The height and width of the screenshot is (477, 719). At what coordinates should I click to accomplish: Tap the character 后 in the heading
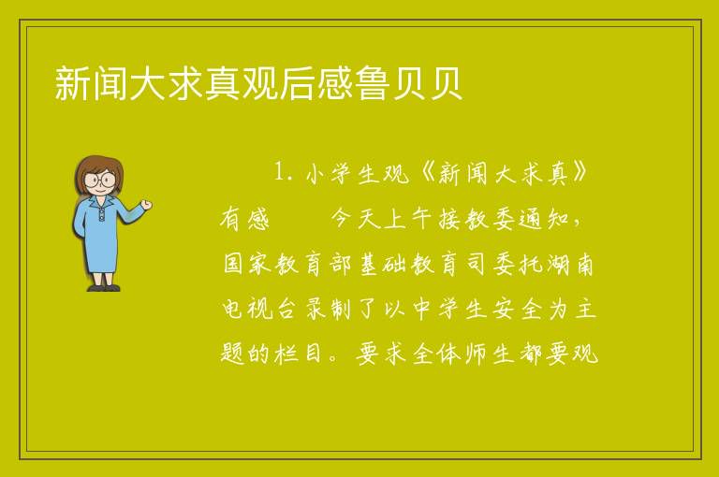coord(297,83)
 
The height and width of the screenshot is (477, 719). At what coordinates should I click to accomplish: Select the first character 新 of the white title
coord(72,83)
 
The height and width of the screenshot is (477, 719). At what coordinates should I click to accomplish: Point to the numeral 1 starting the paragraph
coord(279,173)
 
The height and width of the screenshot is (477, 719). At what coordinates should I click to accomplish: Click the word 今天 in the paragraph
coord(356,218)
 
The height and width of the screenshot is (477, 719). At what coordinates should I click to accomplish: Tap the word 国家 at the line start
coord(247,264)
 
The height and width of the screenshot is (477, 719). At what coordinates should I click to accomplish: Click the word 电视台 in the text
coord(259,309)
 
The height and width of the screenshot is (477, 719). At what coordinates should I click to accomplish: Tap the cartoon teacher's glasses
coord(100,179)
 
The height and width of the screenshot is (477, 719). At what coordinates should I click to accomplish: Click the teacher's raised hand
coord(146,205)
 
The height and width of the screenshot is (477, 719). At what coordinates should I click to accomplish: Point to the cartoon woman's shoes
coord(104,288)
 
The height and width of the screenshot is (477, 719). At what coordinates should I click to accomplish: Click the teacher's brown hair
coord(99,169)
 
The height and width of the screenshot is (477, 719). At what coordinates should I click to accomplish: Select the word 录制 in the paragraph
coord(329,309)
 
